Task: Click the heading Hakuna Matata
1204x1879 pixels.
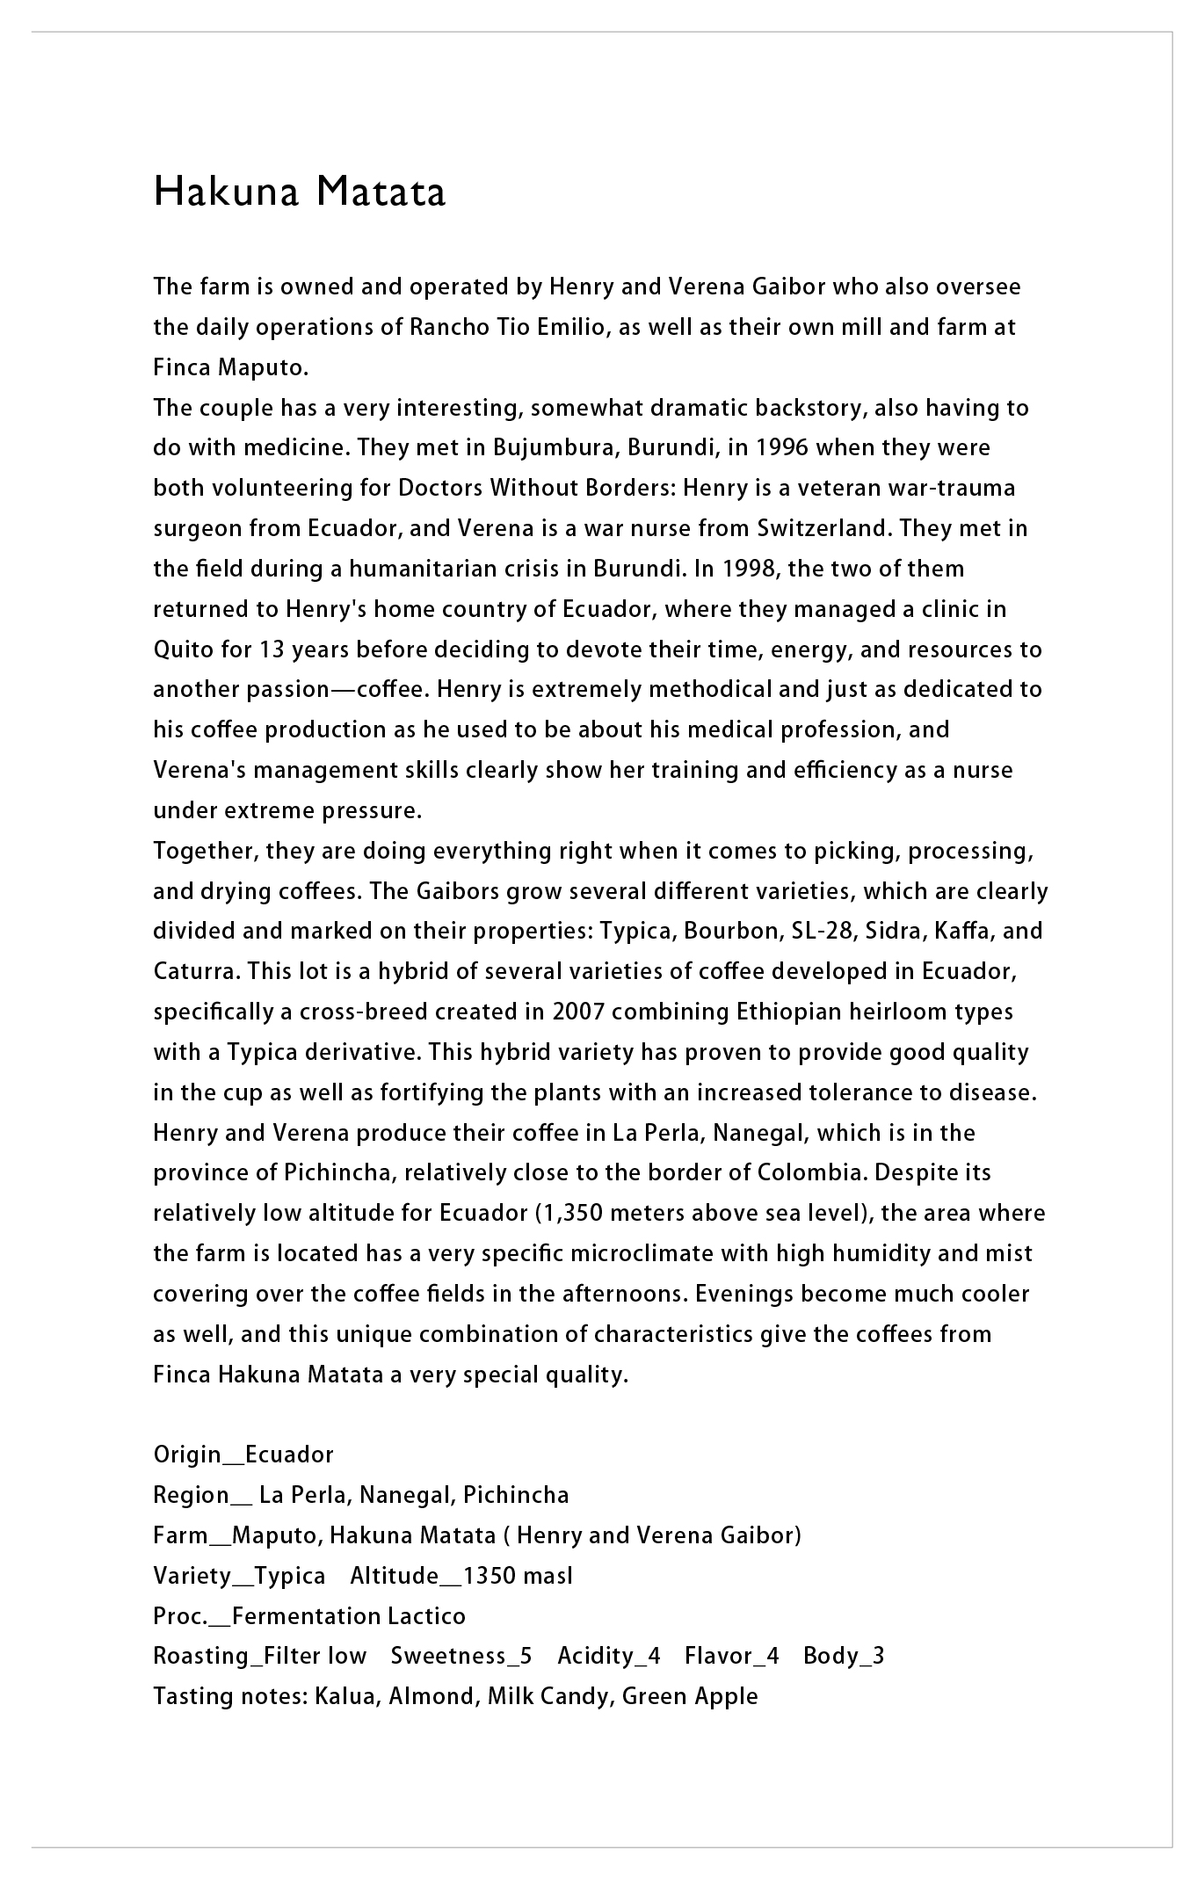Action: [300, 192]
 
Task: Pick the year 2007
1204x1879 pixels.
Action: [578, 1012]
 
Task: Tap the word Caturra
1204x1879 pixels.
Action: [195, 972]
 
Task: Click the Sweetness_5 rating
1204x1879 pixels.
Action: [461, 1657]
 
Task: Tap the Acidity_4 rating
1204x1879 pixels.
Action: [608, 1657]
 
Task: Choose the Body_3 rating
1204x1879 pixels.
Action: [844, 1657]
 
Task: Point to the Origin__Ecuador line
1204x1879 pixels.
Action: [243, 1455]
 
